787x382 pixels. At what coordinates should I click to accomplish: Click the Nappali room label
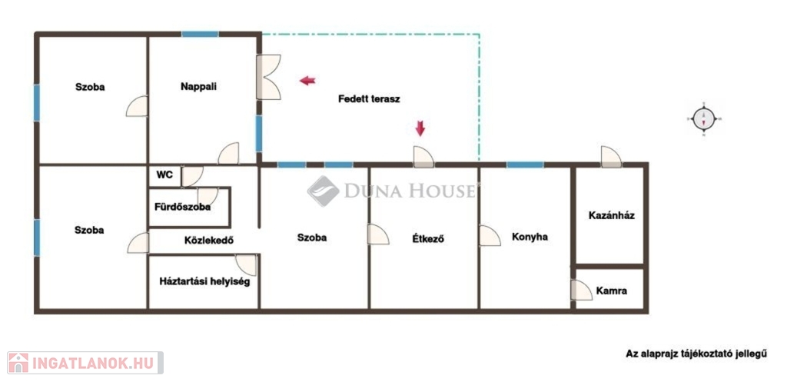click(199, 86)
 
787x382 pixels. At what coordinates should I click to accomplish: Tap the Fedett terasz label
click(369, 99)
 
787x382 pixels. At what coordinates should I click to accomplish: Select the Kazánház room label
click(612, 215)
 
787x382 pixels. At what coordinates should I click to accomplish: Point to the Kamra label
click(611, 291)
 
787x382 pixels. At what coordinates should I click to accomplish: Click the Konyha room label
click(530, 237)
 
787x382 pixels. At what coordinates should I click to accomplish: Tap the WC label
click(164, 175)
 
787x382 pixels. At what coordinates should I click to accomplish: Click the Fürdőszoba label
click(182, 207)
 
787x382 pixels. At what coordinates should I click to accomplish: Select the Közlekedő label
click(209, 240)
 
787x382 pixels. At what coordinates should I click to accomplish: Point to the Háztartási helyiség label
click(204, 281)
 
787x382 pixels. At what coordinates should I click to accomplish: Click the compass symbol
click(704, 119)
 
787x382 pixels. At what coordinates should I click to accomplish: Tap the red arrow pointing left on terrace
click(307, 80)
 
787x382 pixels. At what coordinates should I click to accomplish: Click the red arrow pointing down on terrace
click(420, 128)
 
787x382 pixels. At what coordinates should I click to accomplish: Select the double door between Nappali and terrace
click(268, 77)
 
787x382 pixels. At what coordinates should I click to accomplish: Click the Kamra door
click(582, 290)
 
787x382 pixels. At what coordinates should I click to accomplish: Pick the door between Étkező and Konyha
click(490, 235)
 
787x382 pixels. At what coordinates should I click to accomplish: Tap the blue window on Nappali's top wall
click(200, 34)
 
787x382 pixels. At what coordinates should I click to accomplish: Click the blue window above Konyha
click(524, 164)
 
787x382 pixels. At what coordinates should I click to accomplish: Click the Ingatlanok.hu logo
click(85, 363)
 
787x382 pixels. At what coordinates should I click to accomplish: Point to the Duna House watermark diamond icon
click(324, 191)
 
